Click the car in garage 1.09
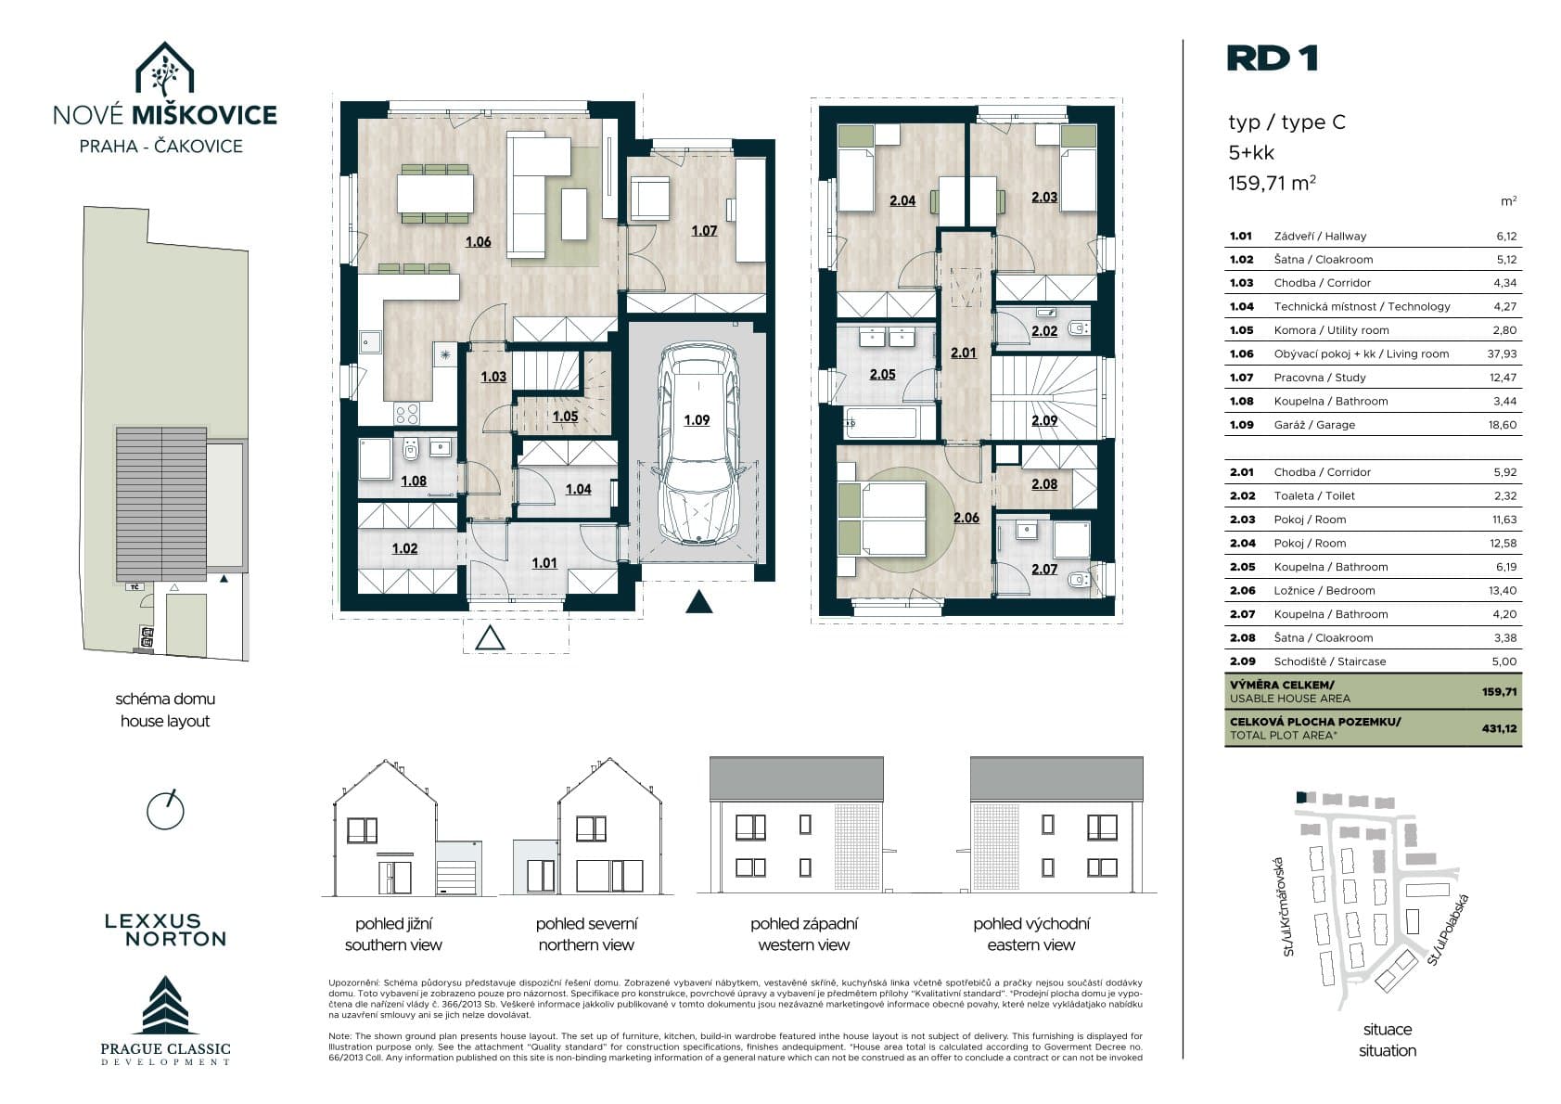698,442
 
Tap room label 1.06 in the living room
478,242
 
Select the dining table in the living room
436,193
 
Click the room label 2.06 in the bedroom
966,518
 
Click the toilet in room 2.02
1079,327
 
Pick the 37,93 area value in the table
1502,354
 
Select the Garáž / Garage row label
1314,425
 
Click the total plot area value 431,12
1500,728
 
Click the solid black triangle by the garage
699,601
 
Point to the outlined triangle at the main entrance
489,638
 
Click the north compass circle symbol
165,811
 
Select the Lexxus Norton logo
166,931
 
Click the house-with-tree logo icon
164,69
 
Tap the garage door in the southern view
458,878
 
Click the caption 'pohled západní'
804,924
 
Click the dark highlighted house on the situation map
1300,797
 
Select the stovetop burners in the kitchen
408,413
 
